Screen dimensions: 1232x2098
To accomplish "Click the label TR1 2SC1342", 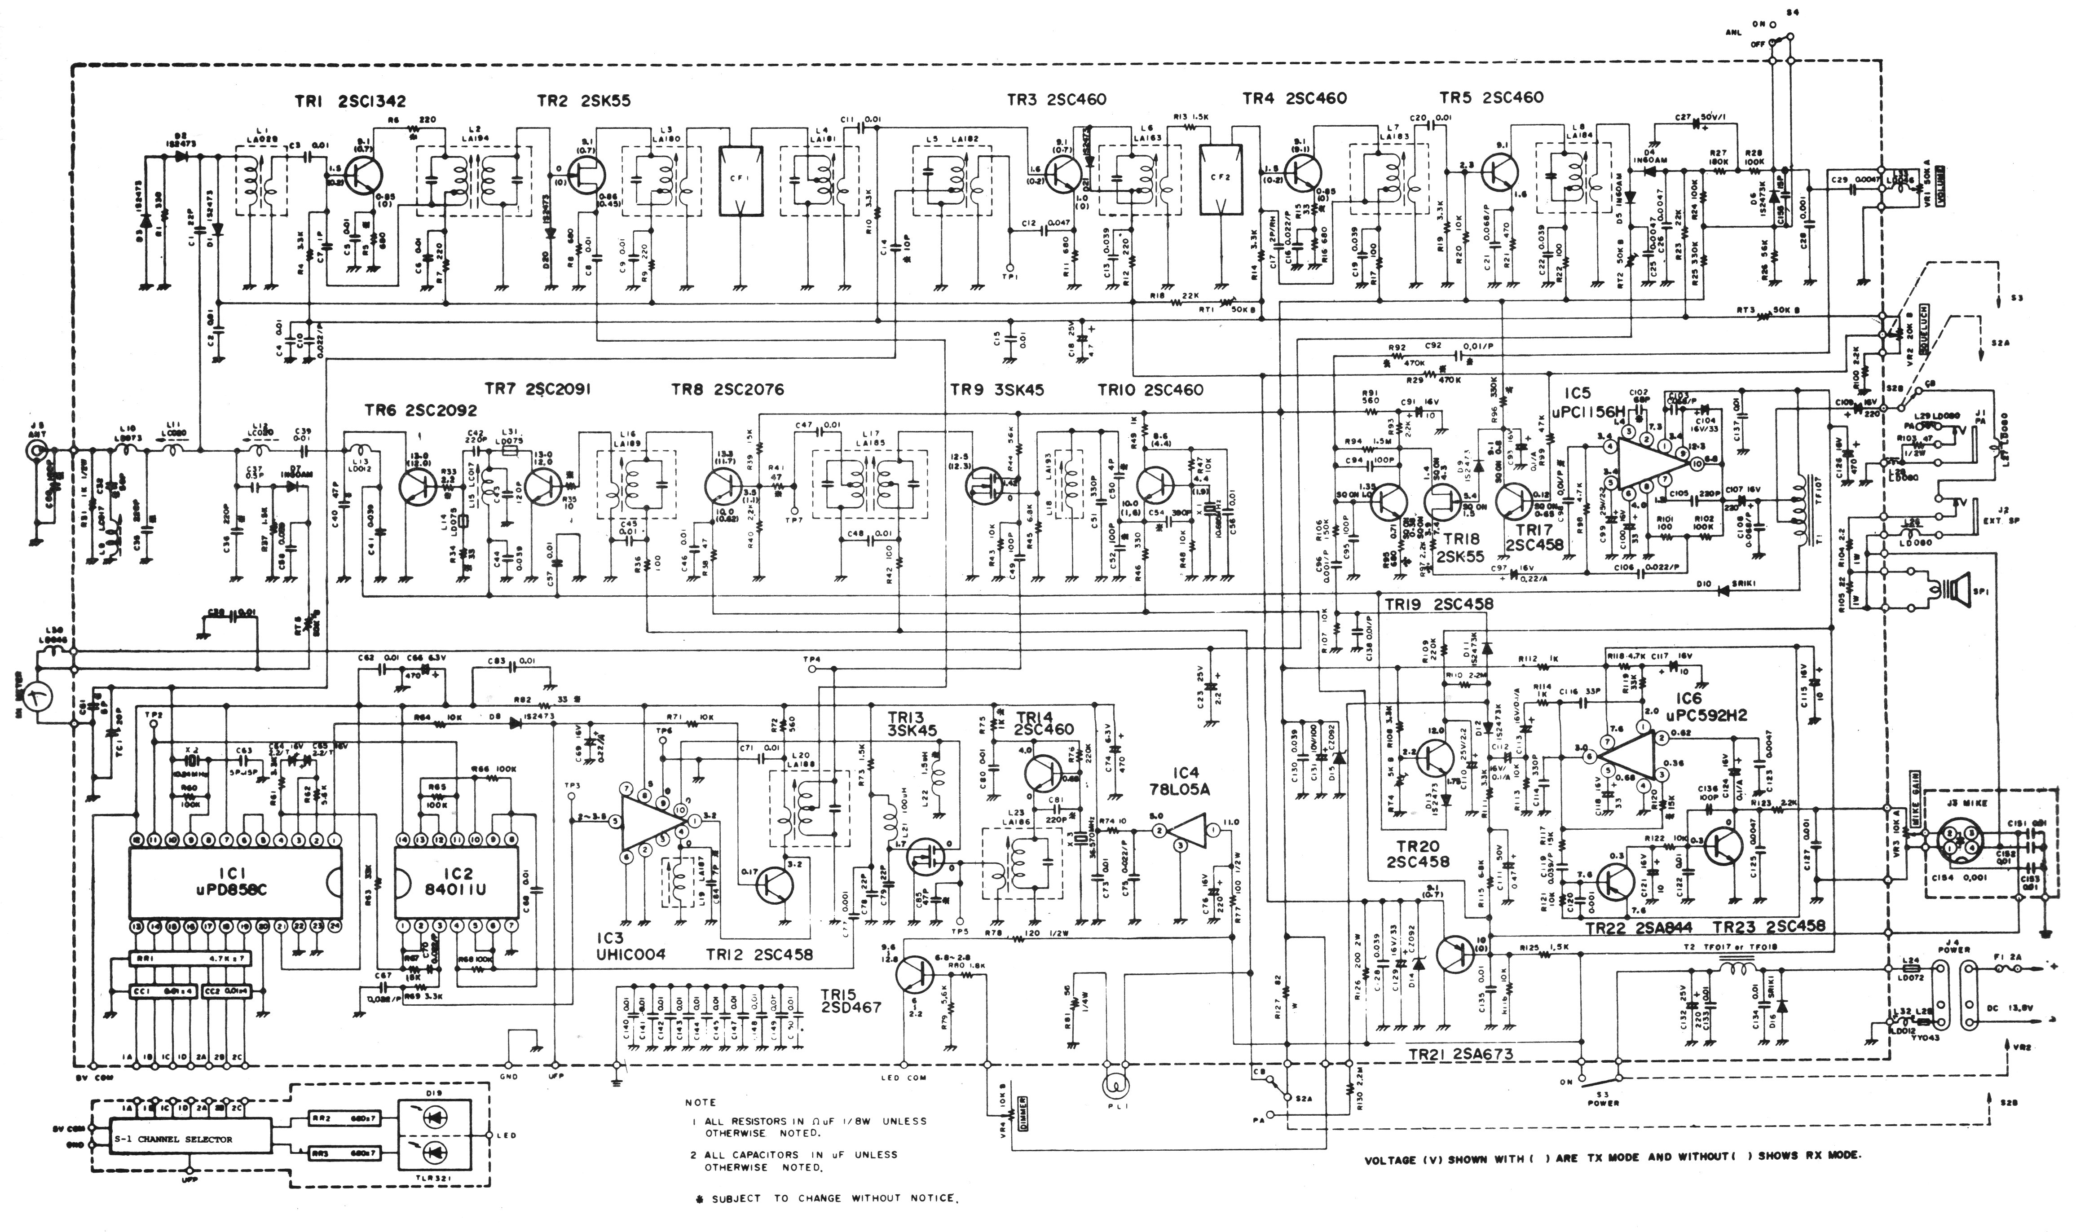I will click(350, 101).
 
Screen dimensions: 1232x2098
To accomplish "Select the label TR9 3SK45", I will click(996, 390).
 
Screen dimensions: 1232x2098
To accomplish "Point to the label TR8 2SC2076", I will click(727, 390).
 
